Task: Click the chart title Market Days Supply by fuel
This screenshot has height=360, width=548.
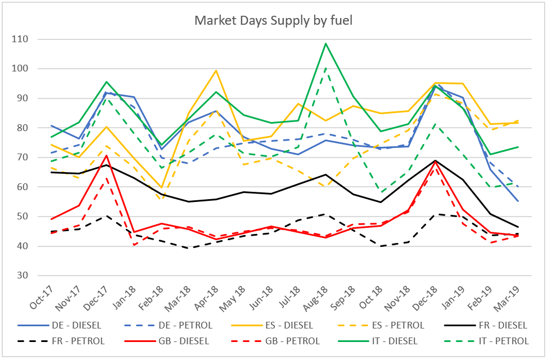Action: click(x=273, y=21)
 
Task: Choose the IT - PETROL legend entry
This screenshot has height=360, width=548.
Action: click(x=503, y=341)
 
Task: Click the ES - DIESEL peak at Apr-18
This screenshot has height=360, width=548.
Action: click(x=216, y=70)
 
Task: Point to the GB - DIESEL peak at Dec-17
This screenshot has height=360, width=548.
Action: click(x=106, y=155)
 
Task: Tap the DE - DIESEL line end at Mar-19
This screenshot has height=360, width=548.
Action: click(x=517, y=201)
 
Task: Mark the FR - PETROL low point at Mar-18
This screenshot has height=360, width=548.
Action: click(x=188, y=248)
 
